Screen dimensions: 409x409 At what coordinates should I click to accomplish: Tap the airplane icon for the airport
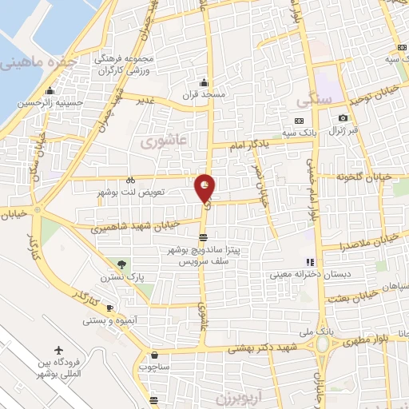point(59,350)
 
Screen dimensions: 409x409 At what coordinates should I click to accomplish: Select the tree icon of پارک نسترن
point(121,264)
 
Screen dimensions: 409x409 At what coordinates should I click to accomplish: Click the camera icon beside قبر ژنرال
point(343,118)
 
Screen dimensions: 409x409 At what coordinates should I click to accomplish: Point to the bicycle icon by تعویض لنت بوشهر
point(130,181)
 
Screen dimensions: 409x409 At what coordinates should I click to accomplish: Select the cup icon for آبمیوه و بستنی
point(110,308)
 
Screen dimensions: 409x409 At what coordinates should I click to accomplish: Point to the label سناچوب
point(155,366)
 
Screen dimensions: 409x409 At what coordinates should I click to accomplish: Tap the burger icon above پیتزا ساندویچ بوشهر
point(204,237)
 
